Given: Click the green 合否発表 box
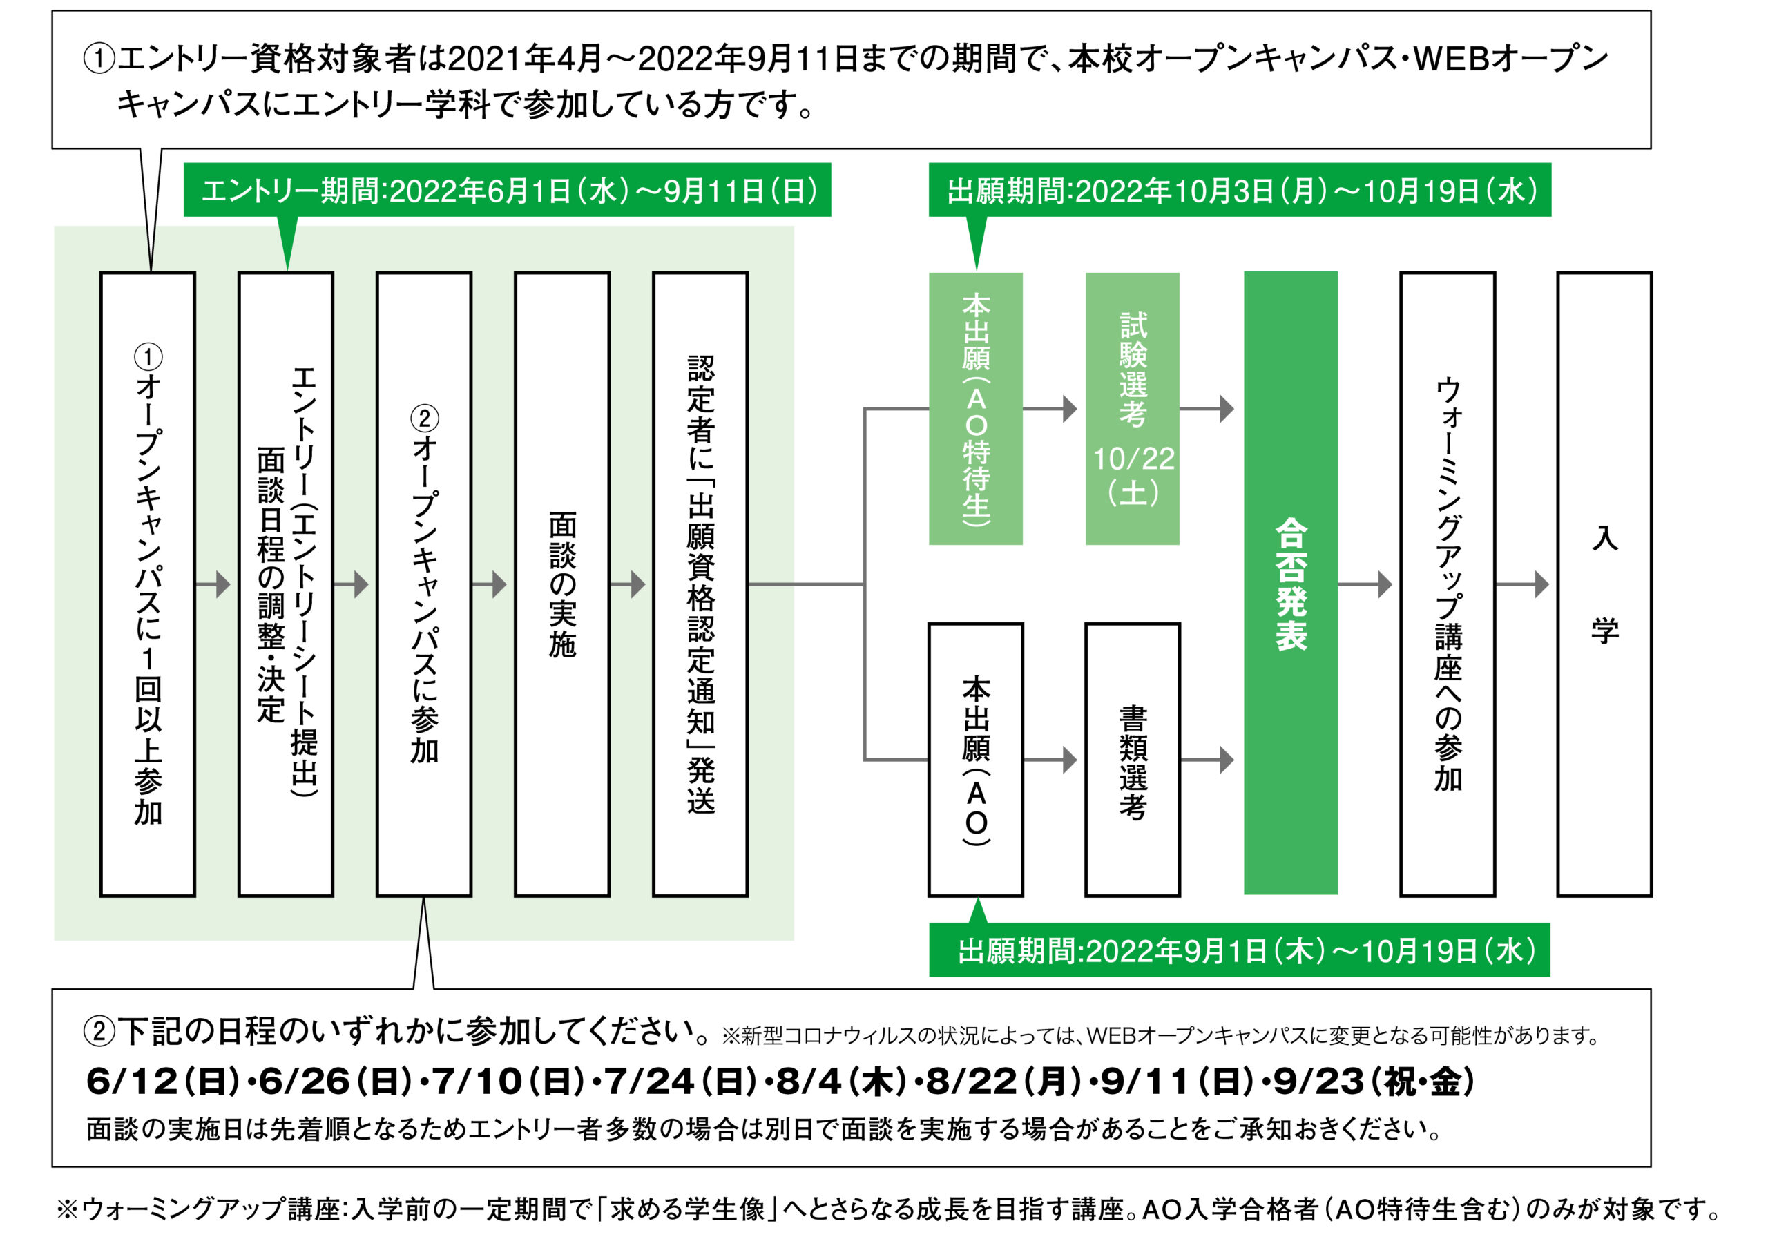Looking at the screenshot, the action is [1291, 583].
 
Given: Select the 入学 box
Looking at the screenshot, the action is [1605, 584].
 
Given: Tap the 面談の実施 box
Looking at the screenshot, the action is [562, 584].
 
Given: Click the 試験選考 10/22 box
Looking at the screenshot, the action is [1133, 409].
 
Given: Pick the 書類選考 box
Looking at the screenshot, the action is [1133, 760].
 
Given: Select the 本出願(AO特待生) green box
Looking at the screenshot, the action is [976, 409].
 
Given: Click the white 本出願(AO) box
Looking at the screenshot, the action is [976, 760].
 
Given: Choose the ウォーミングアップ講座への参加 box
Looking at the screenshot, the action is [1448, 584].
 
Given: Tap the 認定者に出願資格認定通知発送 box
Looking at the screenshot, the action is [701, 584].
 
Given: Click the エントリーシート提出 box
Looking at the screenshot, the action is [286, 584].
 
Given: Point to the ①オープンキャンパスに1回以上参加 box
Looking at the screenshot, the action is [148, 584].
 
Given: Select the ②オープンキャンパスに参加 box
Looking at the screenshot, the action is [424, 584].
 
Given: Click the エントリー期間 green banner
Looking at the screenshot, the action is [508, 190].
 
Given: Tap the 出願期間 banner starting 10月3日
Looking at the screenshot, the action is [1240, 190].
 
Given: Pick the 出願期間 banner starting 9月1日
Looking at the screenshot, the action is [1240, 950].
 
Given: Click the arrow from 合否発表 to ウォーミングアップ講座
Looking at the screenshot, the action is [1365, 584].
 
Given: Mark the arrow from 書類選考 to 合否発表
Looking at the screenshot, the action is [1207, 760].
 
